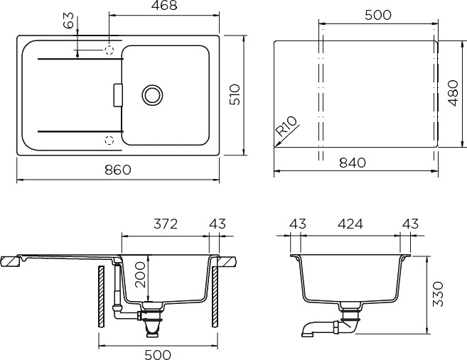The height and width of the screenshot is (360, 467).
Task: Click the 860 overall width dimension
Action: coord(118,170)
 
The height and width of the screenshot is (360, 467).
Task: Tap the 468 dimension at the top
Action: coord(164,5)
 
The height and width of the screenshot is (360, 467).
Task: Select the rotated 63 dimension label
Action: coord(68,20)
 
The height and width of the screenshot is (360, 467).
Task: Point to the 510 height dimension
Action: coord(235,94)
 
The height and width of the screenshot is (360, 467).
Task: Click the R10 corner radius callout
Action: coord(286,126)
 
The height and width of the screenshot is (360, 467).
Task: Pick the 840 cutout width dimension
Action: coord(353,163)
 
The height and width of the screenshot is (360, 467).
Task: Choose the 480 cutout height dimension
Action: coord(453,93)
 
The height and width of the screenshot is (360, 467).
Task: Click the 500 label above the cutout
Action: coord(378,15)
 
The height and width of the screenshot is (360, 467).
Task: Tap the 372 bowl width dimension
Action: coord(166,224)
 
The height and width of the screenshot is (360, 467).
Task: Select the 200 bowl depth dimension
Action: coord(141,275)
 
